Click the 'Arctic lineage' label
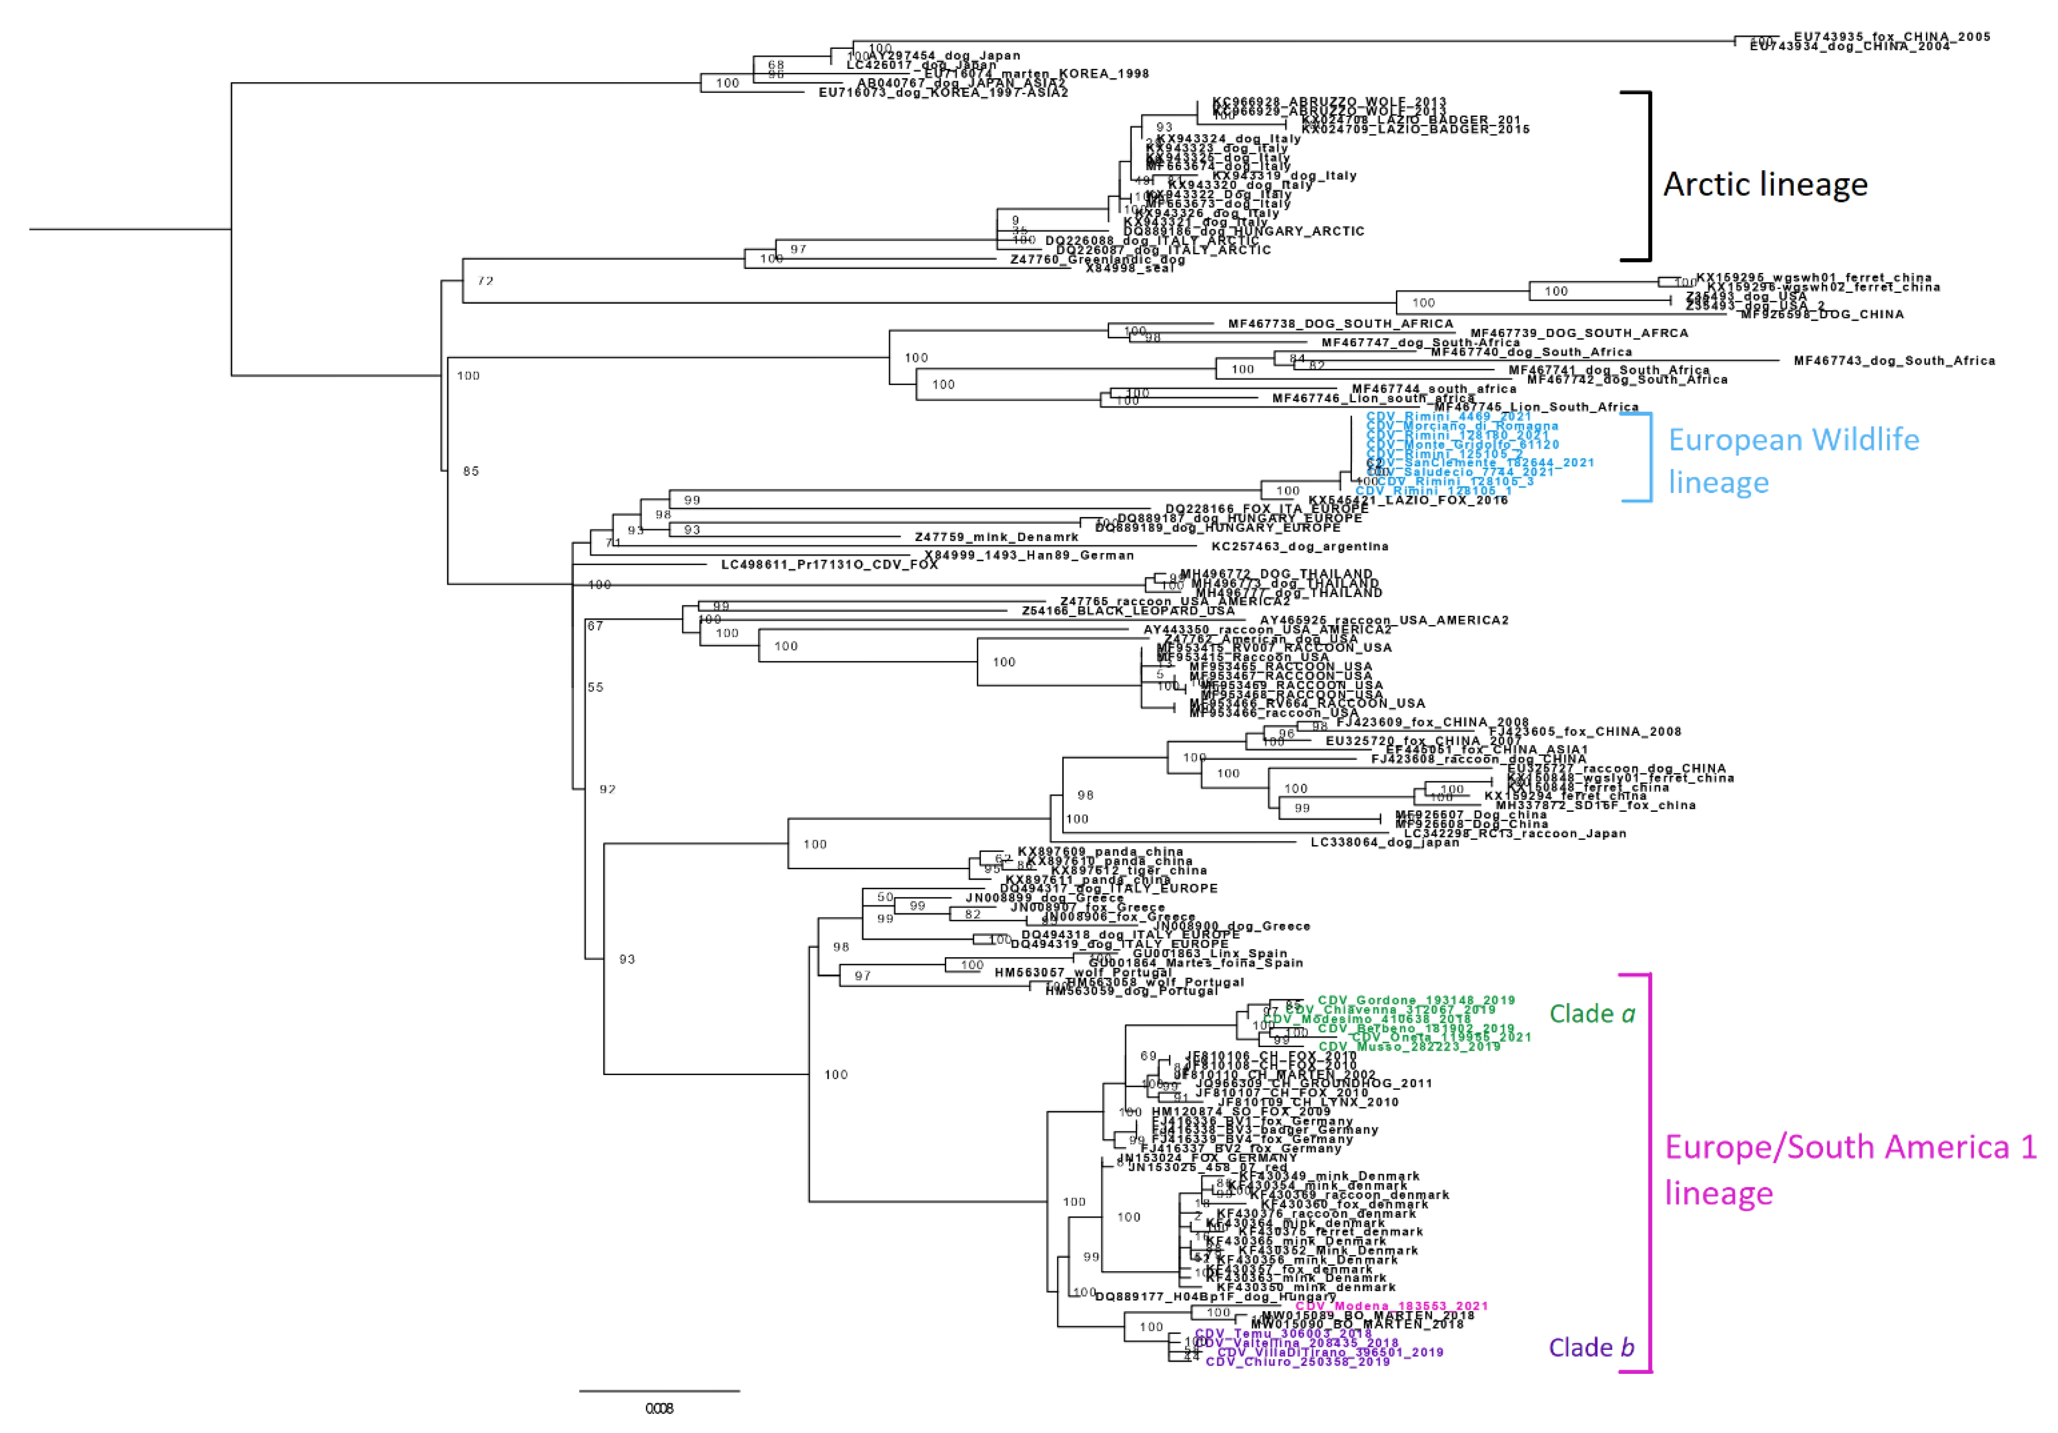click(1765, 184)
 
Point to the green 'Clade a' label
click(1592, 1013)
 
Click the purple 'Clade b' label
click(1591, 1347)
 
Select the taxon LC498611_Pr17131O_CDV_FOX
click(829, 564)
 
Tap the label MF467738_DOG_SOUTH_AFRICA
click(1340, 323)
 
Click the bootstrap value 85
click(471, 470)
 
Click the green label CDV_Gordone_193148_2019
click(1416, 1000)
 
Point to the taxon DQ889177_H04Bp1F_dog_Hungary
click(1214, 1297)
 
